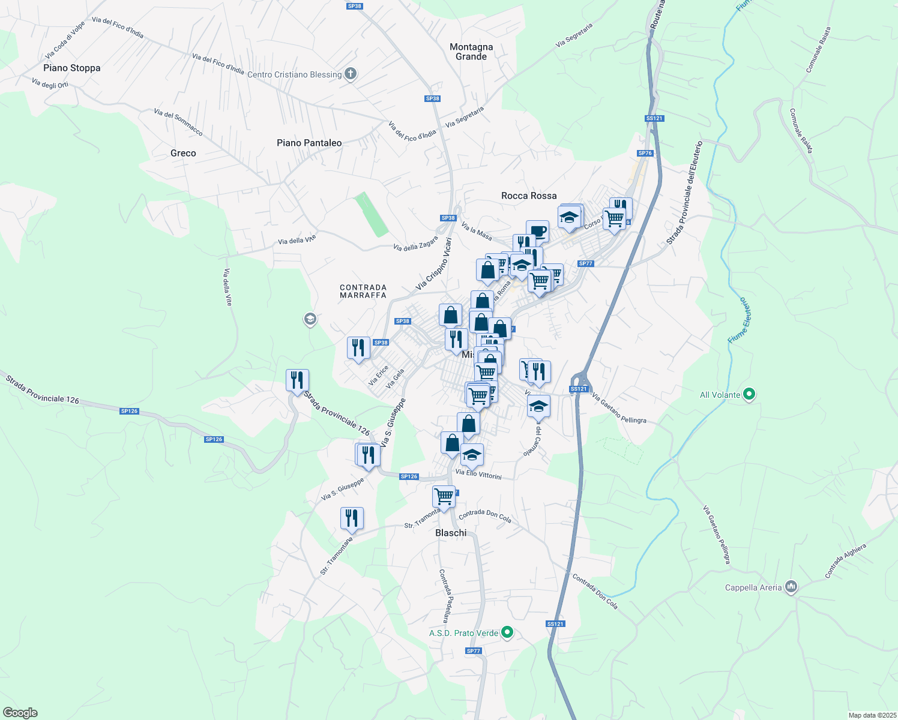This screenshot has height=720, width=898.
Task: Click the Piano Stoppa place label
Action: click(x=72, y=68)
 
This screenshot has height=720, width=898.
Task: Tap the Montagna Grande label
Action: click(x=471, y=52)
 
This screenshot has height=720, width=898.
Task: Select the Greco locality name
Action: click(x=183, y=154)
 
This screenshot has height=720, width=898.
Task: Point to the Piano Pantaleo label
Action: click(x=309, y=143)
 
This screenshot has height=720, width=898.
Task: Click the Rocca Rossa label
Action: click(x=529, y=196)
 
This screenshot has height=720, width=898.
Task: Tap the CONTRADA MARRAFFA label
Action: click(x=363, y=292)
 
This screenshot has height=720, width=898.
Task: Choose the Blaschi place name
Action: click(x=451, y=533)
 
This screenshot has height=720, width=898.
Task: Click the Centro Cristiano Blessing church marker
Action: click(x=351, y=74)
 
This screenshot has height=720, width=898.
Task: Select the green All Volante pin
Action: click(x=749, y=394)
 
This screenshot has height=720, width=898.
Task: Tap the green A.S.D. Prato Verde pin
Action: click(x=507, y=632)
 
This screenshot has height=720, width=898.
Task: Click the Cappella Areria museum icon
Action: click(x=791, y=587)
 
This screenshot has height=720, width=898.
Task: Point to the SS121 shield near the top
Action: click(x=654, y=118)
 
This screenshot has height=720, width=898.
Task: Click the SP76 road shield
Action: click(x=645, y=153)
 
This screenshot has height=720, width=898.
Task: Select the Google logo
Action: click(x=20, y=713)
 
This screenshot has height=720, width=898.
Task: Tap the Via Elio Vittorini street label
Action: click(x=478, y=475)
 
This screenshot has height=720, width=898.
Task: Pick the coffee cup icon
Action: click(x=538, y=231)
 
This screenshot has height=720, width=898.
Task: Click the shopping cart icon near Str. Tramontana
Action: click(x=444, y=497)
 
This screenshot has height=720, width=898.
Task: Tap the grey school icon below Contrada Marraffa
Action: click(x=310, y=319)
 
